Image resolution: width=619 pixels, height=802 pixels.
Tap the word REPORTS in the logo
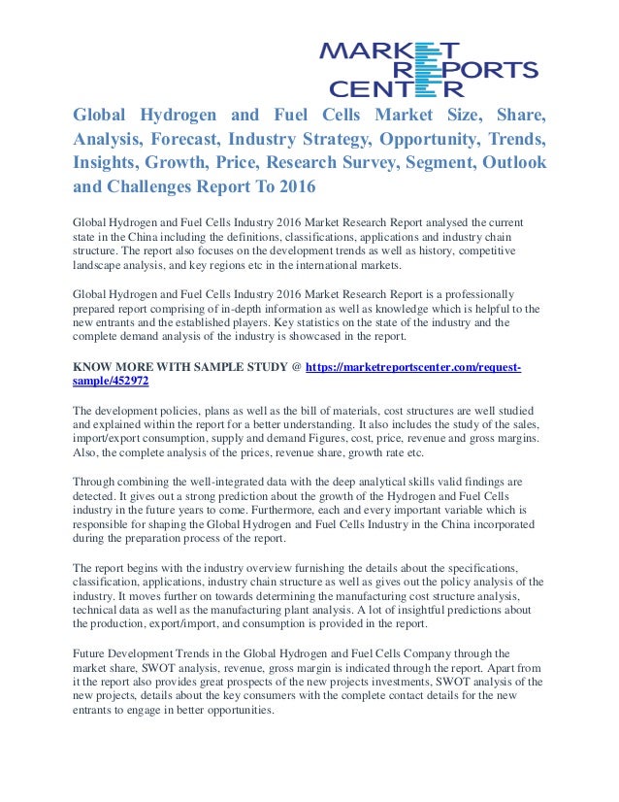point(477,69)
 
